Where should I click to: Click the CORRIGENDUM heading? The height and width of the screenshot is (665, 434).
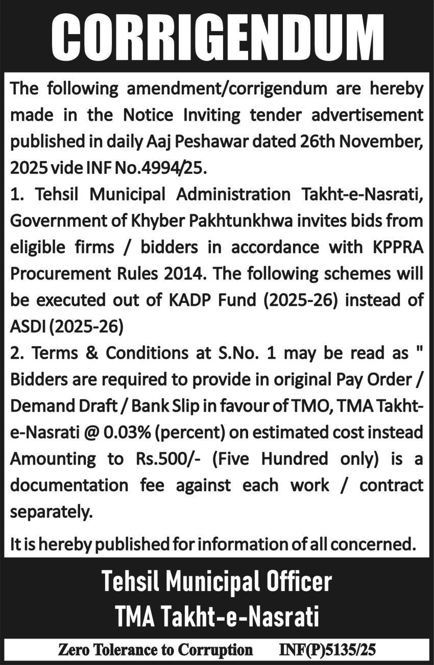217,38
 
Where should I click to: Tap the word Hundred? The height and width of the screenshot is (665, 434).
295,459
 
